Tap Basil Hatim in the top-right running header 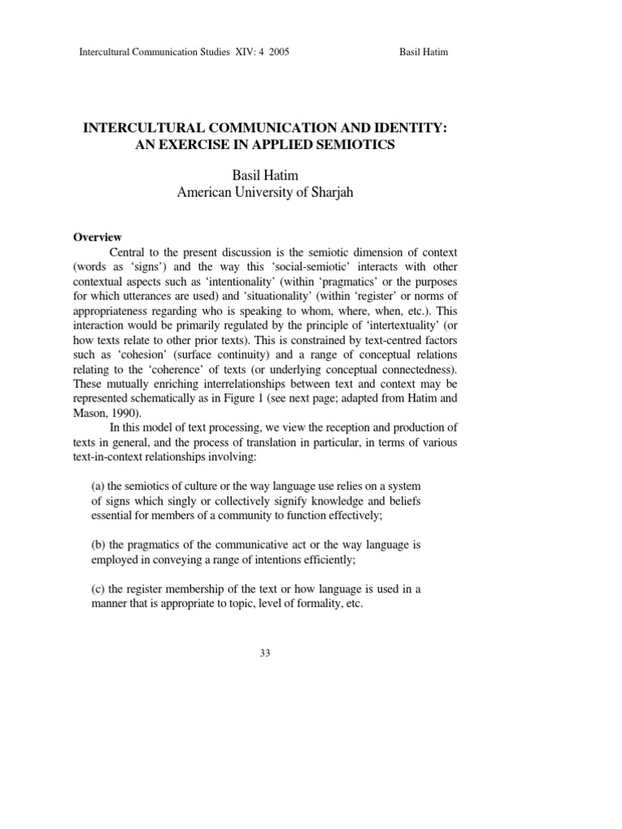[x=424, y=53]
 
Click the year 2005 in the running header [x=277, y=53]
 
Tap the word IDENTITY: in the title [x=399, y=128]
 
